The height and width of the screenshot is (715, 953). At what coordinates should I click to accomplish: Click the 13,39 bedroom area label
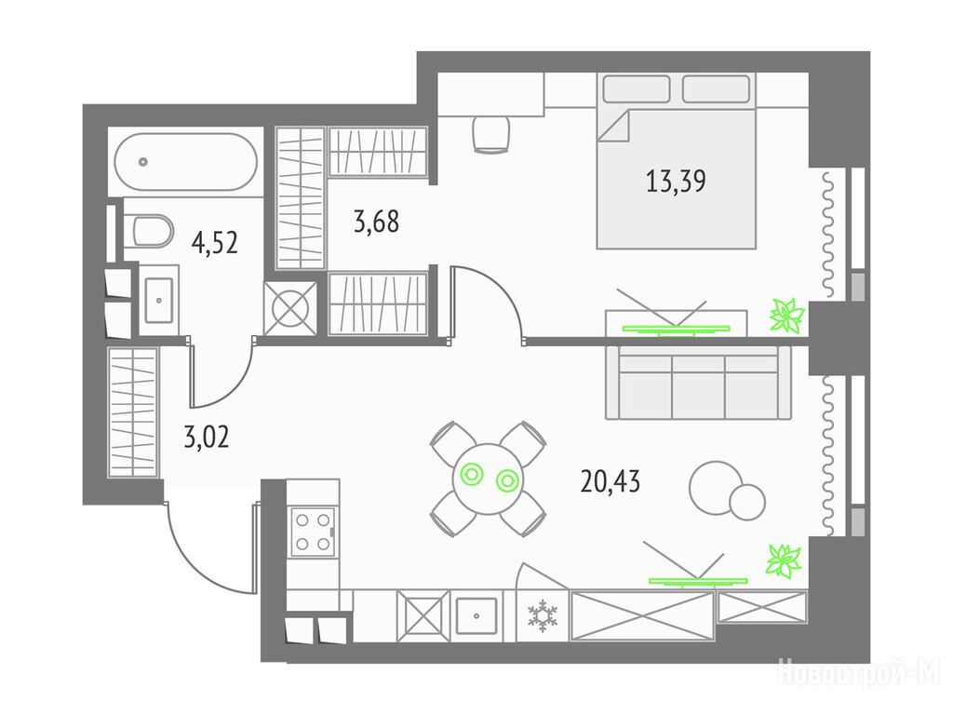676,182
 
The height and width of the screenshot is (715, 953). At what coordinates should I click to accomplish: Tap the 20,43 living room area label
611,482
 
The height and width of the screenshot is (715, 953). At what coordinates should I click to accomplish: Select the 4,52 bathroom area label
214,243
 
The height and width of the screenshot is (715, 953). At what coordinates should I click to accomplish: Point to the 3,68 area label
376,222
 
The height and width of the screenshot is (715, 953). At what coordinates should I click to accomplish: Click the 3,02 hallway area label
206,437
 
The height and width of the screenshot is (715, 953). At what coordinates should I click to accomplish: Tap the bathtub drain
142,162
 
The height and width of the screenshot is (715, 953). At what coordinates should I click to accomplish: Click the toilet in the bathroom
149,230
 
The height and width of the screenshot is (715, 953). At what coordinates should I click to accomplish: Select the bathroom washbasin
159,300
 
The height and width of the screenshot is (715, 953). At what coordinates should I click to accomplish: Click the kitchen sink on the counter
476,615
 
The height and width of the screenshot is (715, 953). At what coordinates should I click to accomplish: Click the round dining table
488,478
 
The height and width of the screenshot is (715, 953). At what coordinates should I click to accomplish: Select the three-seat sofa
698,383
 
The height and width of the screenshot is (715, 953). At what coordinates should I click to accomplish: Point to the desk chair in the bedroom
490,134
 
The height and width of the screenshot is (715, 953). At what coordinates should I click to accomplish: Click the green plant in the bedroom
787,315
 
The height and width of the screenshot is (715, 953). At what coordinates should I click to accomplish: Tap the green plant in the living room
785,560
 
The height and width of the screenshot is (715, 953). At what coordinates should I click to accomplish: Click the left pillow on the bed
637,88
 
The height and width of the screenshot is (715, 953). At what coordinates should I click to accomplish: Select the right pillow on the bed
716,88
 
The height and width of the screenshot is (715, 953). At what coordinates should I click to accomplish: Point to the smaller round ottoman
747,502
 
